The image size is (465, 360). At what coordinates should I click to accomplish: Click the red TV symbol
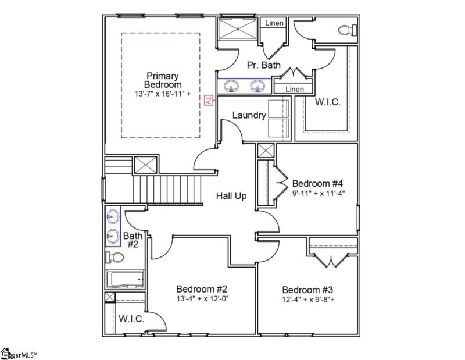(209, 100)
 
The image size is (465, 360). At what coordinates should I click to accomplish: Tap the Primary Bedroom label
(163, 80)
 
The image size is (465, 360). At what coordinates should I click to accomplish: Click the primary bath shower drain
(237, 28)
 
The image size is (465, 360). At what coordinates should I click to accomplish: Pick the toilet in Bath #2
(115, 257)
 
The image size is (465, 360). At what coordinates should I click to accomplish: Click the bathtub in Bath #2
(124, 279)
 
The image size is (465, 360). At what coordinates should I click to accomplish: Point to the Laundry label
(249, 115)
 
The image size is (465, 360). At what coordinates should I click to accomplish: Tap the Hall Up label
(231, 196)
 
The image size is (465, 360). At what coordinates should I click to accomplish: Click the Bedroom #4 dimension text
(319, 194)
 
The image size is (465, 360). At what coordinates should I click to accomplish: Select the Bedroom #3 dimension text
(309, 299)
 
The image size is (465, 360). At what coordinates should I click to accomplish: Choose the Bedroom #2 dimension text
(202, 298)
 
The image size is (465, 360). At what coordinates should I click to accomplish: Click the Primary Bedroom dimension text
(163, 94)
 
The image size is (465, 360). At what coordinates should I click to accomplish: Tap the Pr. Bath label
(264, 65)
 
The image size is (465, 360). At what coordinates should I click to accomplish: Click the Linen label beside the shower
(274, 23)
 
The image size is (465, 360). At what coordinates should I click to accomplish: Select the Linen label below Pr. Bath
(295, 89)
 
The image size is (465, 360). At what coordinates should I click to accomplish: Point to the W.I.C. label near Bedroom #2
(132, 319)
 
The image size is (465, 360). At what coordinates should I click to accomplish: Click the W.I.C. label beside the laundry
(328, 102)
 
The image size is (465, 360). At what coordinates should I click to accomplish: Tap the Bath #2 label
(133, 240)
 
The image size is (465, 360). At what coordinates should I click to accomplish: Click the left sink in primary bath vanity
(231, 86)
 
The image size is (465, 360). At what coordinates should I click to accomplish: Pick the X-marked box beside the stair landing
(146, 165)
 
